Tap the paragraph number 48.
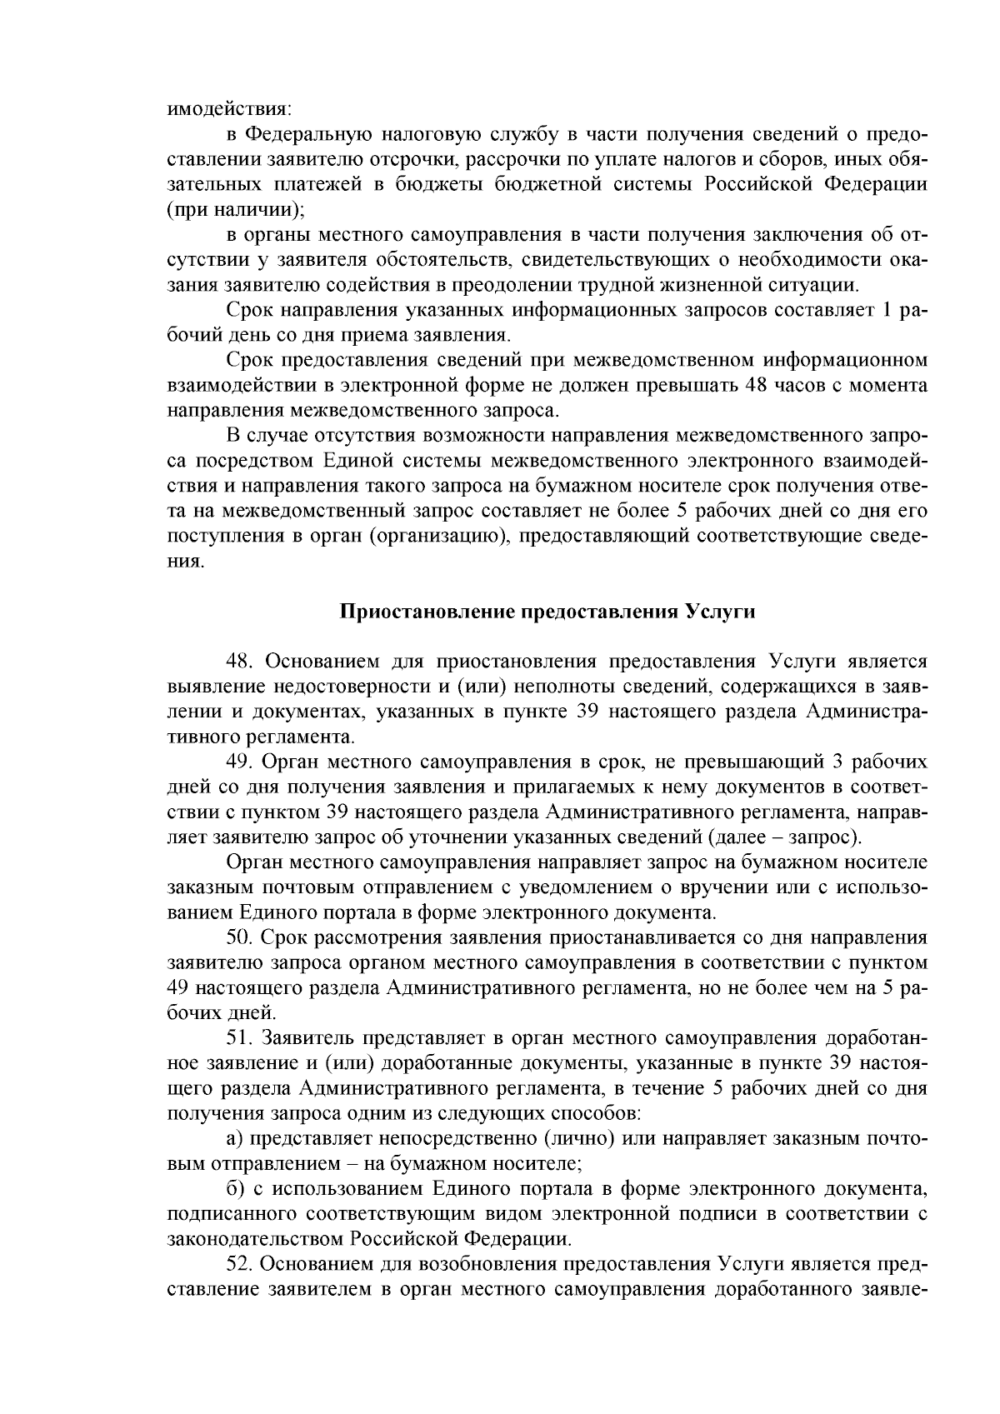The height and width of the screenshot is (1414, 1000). tap(241, 662)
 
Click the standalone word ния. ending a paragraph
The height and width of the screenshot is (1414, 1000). tap(185, 562)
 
